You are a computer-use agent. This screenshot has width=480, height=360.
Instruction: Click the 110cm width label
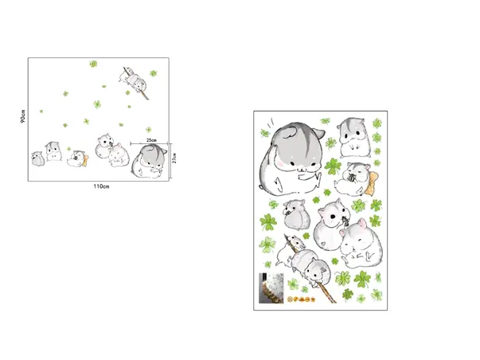coord(100,186)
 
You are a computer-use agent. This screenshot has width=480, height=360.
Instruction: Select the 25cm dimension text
coord(154,140)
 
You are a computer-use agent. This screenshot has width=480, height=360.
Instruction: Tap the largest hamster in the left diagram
coord(146,161)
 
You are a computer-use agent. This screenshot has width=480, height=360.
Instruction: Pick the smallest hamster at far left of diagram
coord(37,157)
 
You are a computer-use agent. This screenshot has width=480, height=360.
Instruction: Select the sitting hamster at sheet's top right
coord(353,137)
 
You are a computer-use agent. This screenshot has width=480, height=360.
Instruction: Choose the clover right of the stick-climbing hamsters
coord(152,74)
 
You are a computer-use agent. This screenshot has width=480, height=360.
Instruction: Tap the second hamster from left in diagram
coord(53,151)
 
